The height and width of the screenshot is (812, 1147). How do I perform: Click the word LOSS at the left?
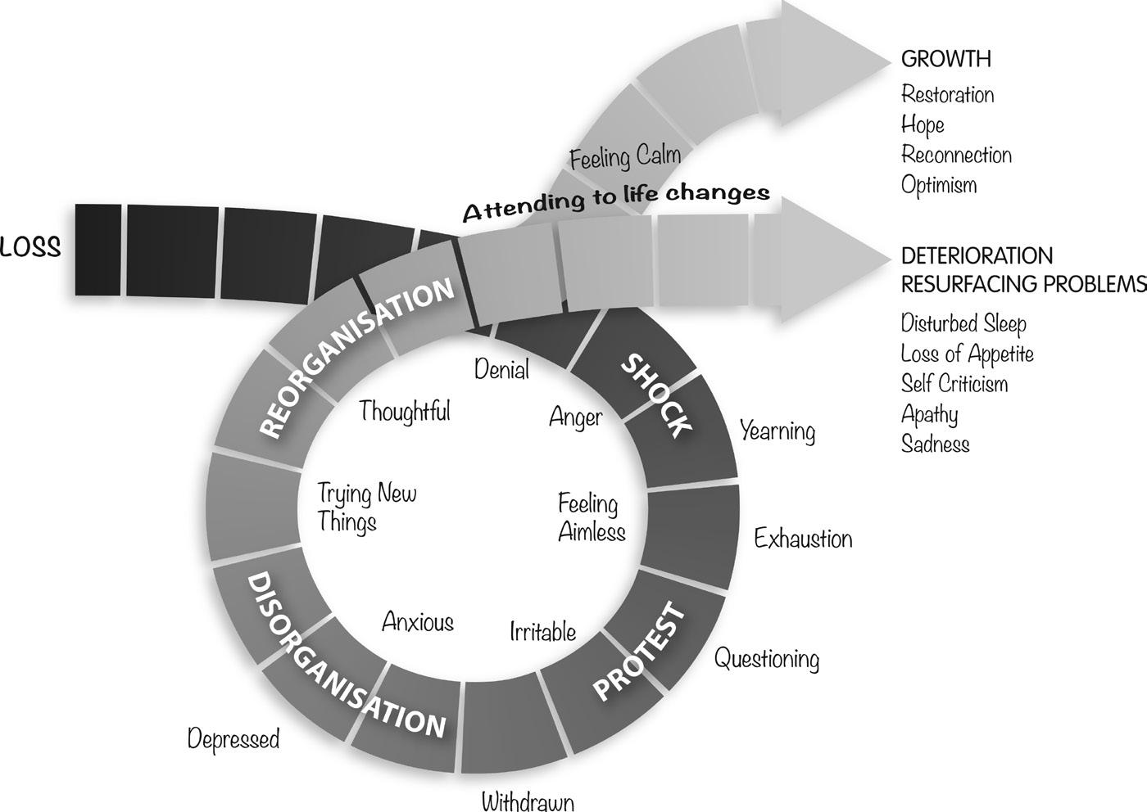coord(30,248)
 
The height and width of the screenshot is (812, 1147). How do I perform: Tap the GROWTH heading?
coord(945,59)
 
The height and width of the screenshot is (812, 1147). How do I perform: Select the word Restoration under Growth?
coord(947,95)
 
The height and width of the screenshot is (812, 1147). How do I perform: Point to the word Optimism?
coord(939,185)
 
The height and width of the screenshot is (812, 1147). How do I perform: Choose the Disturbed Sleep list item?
coord(963,323)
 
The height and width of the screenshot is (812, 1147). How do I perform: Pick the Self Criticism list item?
coord(954,384)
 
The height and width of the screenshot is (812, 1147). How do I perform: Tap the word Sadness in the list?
coord(935,444)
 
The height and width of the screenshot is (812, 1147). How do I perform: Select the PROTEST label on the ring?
coord(638,652)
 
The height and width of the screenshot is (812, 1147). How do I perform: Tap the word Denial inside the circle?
coord(501,370)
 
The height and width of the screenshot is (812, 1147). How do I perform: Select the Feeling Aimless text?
coord(591,517)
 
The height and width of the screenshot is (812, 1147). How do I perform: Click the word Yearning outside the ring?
coord(778,431)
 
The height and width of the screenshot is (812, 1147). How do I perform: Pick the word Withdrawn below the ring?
coord(527,801)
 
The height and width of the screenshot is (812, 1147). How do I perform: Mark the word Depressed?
coord(233,739)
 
